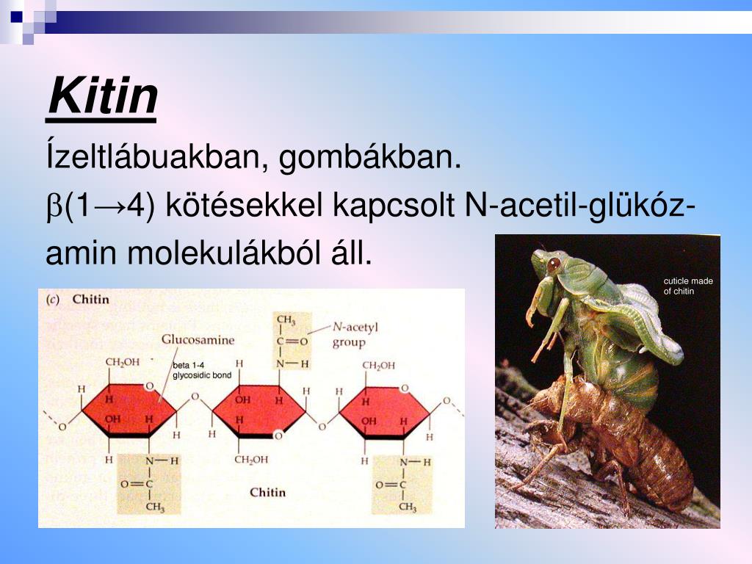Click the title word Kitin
point(103,97)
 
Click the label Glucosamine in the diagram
point(198,340)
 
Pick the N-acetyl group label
point(355,334)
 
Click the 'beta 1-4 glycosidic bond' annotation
point(201,370)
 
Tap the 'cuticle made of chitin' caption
point(687,286)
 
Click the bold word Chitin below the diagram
point(267,492)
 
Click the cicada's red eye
point(554,262)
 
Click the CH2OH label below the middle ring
point(251,460)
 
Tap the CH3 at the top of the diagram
point(286,321)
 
